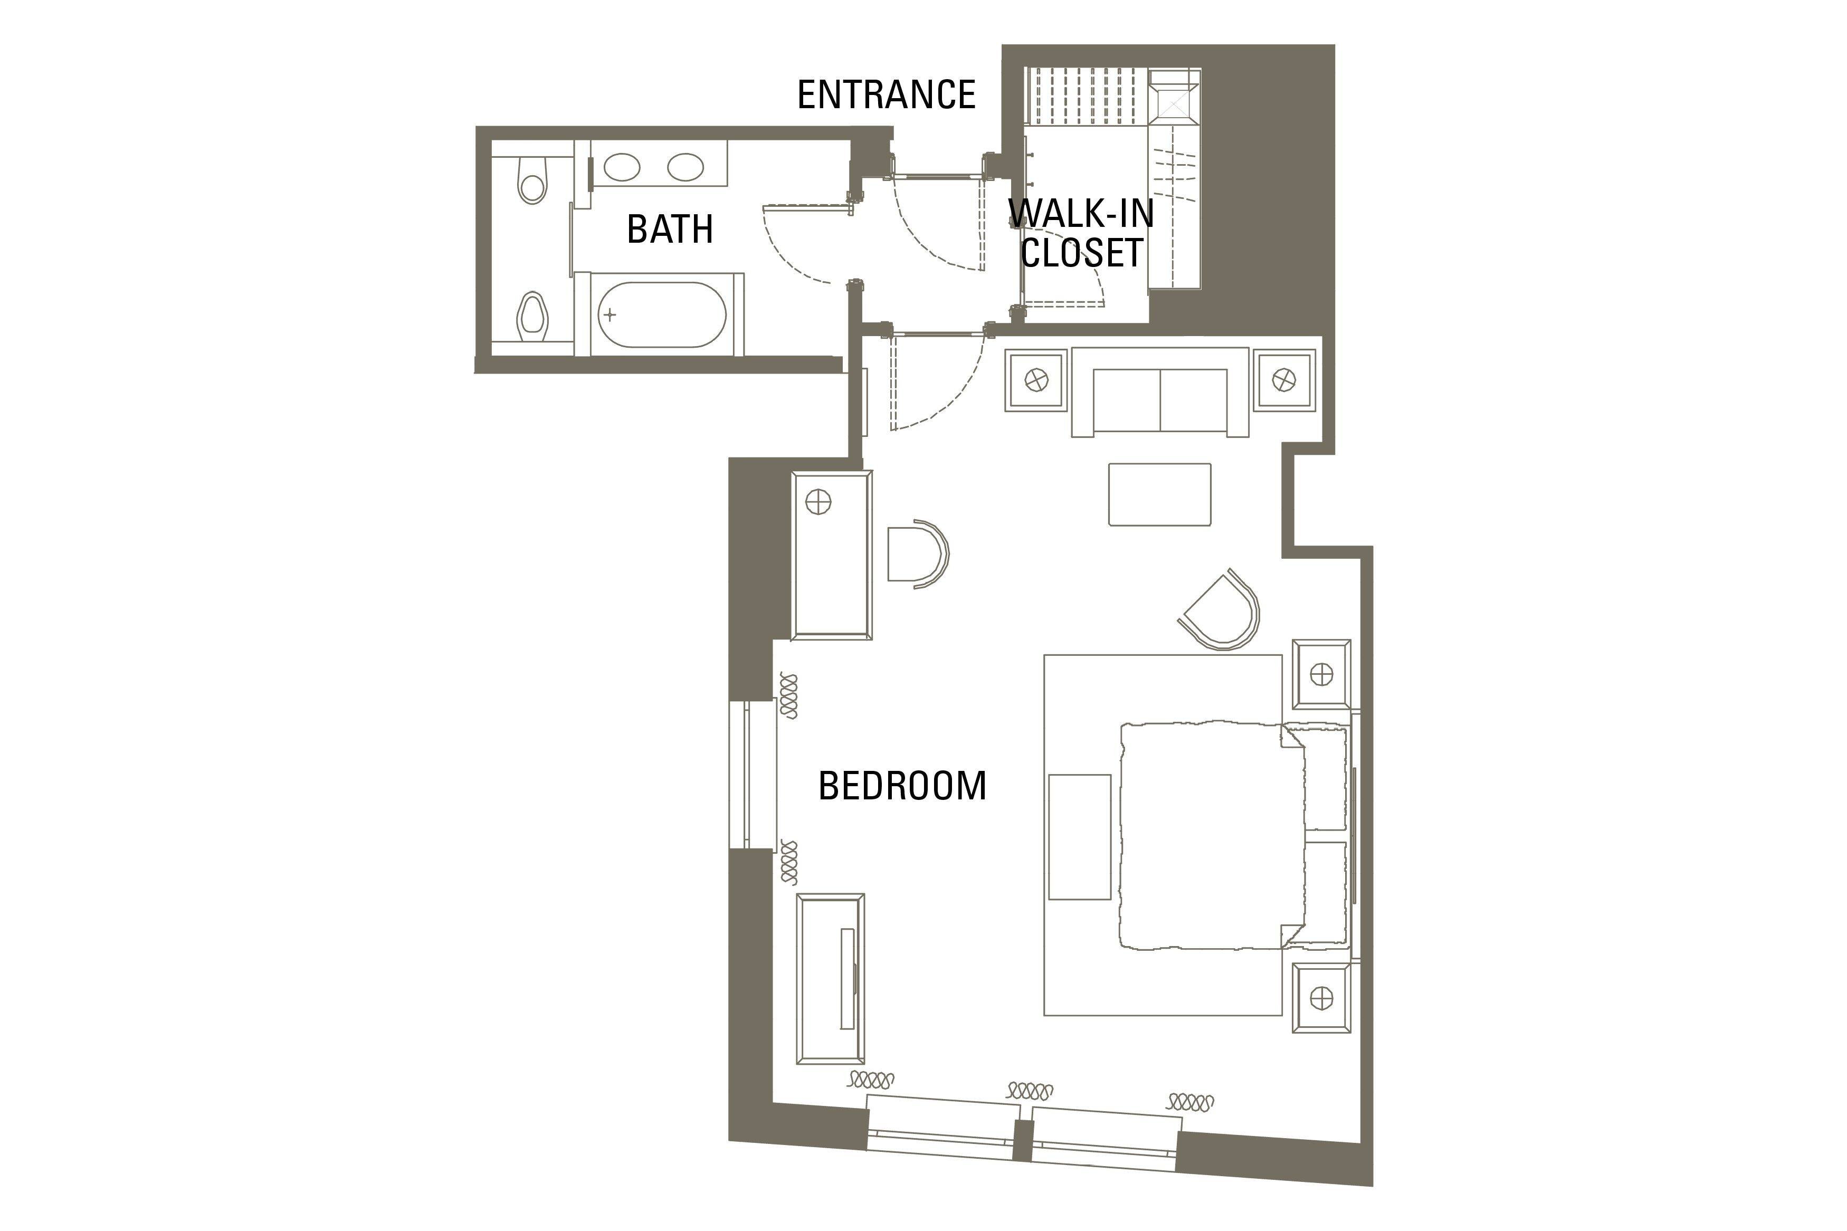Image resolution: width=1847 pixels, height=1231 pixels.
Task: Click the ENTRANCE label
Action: [x=886, y=95]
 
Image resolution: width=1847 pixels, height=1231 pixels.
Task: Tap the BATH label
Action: [x=670, y=229]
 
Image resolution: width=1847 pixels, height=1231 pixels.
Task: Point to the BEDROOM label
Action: [x=902, y=786]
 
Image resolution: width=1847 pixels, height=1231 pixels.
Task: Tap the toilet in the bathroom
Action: [x=533, y=179]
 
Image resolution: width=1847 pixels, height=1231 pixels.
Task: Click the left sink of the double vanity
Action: [x=622, y=167]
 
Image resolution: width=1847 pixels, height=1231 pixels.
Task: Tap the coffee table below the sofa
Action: [x=1159, y=494]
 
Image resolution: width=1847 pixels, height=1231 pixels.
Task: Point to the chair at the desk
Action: [x=918, y=554]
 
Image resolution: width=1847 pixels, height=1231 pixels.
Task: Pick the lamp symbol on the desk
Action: [x=818, y=502]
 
